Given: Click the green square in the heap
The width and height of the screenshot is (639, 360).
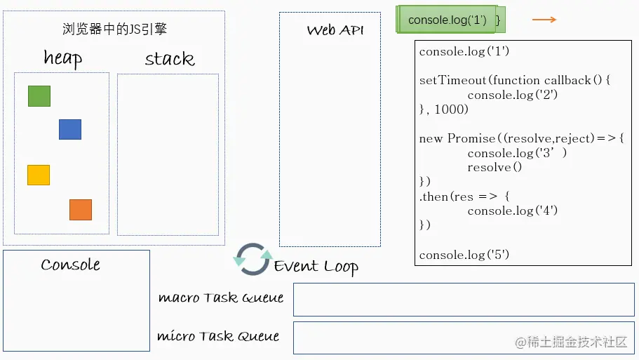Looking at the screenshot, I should point(39,96).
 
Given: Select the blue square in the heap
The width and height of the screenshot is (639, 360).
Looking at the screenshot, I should point(70,130).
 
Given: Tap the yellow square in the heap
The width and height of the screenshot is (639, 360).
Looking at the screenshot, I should point(39,175).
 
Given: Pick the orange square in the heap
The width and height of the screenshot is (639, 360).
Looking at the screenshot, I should point(81,210).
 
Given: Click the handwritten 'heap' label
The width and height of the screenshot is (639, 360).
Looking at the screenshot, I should point(62,58).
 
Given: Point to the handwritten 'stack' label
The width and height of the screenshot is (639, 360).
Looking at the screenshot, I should point(169,59).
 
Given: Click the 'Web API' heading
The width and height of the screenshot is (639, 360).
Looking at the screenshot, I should point(335,30).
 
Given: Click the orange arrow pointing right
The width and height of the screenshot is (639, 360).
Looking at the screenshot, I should point(544,20).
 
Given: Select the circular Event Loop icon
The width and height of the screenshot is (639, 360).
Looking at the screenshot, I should point(253,260).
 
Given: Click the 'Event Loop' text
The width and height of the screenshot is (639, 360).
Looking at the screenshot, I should point(316,267).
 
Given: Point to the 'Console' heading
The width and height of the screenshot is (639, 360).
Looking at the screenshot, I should point(70,265).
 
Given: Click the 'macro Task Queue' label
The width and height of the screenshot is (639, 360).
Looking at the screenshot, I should point(221,298).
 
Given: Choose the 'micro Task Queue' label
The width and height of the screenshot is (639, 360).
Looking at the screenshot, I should point(218,337).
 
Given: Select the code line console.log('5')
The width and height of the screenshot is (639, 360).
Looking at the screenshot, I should point(464,255).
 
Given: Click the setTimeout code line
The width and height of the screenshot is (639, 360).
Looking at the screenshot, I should point(516,80).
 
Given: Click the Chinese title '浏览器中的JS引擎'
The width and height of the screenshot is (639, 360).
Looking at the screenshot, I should point(114,29).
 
